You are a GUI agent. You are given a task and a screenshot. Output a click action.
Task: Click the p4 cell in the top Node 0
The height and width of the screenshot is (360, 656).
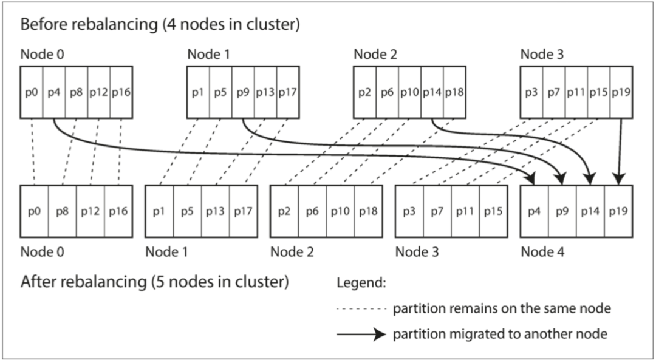pos(54,93)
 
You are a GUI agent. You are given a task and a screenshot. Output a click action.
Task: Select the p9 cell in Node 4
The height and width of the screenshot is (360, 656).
pos(563,211)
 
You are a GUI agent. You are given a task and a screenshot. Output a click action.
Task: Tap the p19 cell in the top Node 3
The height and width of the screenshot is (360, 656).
pos(621,93)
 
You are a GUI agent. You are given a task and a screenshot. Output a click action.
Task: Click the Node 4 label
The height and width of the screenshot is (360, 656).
pos(542,252)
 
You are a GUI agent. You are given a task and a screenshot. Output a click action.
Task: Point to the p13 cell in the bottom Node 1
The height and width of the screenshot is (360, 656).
pos(215,211)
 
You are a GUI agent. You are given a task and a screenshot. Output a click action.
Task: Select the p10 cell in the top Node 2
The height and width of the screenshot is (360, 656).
pos(410,93)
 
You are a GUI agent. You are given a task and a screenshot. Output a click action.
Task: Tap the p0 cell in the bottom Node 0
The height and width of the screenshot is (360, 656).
pos(34,211)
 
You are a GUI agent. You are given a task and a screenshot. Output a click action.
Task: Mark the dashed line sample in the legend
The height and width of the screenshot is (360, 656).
pos(361,309)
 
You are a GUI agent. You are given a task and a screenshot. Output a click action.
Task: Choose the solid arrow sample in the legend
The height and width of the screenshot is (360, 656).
pos(361,334)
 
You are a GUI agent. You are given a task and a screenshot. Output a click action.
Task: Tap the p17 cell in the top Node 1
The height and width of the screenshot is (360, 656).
pos(288,93)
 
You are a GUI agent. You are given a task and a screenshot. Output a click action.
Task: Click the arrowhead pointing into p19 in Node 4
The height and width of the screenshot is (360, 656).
pos(618,180)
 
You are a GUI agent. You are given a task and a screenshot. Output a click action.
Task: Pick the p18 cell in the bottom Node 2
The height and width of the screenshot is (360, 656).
pos(368,211)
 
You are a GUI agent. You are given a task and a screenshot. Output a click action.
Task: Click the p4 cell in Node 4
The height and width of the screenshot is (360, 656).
pos(535,211)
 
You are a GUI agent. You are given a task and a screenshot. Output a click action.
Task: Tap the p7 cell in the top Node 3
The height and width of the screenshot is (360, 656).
pos(553,93)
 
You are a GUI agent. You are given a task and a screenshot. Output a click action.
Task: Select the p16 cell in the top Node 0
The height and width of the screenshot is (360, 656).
pos(121,93)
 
